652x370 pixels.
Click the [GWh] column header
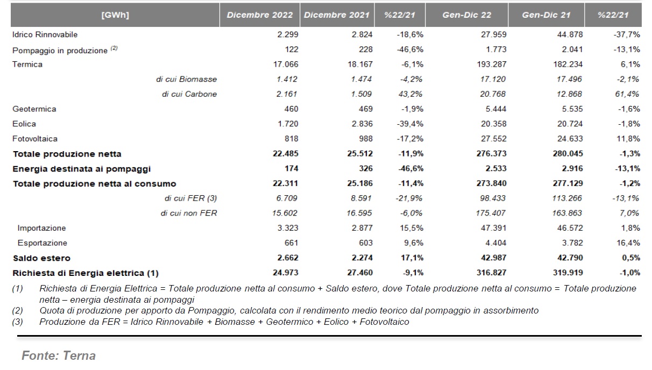[115, 15]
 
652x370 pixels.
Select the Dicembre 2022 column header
[260, 15]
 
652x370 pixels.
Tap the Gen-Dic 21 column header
[546, 15]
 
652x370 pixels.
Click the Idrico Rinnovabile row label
[45, 34]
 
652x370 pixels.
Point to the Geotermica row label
[34, 109]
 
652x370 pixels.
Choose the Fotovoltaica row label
[34, 139]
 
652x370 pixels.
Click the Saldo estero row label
[41, 258]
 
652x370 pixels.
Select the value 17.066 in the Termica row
[286, 65]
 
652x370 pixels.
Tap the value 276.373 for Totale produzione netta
[491, 154]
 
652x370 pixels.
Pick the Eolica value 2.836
[362, 124]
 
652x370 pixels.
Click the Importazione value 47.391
[494, 228]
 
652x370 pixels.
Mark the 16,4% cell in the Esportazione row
[628, 243]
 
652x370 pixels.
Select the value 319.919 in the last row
[568, 273]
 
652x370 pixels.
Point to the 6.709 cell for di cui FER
[287, 198]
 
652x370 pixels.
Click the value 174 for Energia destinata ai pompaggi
[292, 168]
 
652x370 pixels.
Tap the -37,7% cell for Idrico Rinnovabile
[627, 34]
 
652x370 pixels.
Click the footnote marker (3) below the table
[17, 322]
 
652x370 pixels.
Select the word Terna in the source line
[79, 355]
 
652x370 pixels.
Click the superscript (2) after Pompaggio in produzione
[114, 48]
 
